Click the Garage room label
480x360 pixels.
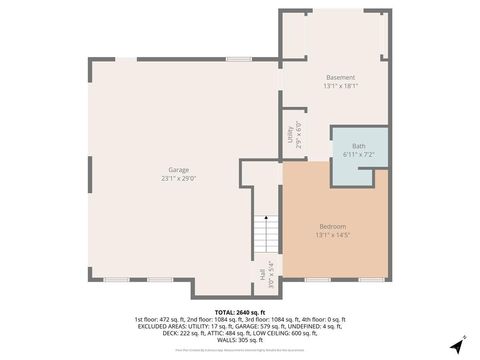[179, 170]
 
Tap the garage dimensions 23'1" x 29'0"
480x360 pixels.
[179, 179]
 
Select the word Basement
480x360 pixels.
[341, 77]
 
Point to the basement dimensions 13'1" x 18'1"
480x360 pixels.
[341, 86]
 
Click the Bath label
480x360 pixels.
[358, 147]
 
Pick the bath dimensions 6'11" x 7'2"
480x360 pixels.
[358, 155]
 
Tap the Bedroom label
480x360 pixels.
[334, 227]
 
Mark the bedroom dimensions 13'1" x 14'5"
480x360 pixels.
[334, 236]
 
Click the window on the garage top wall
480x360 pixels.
[238, 59]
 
